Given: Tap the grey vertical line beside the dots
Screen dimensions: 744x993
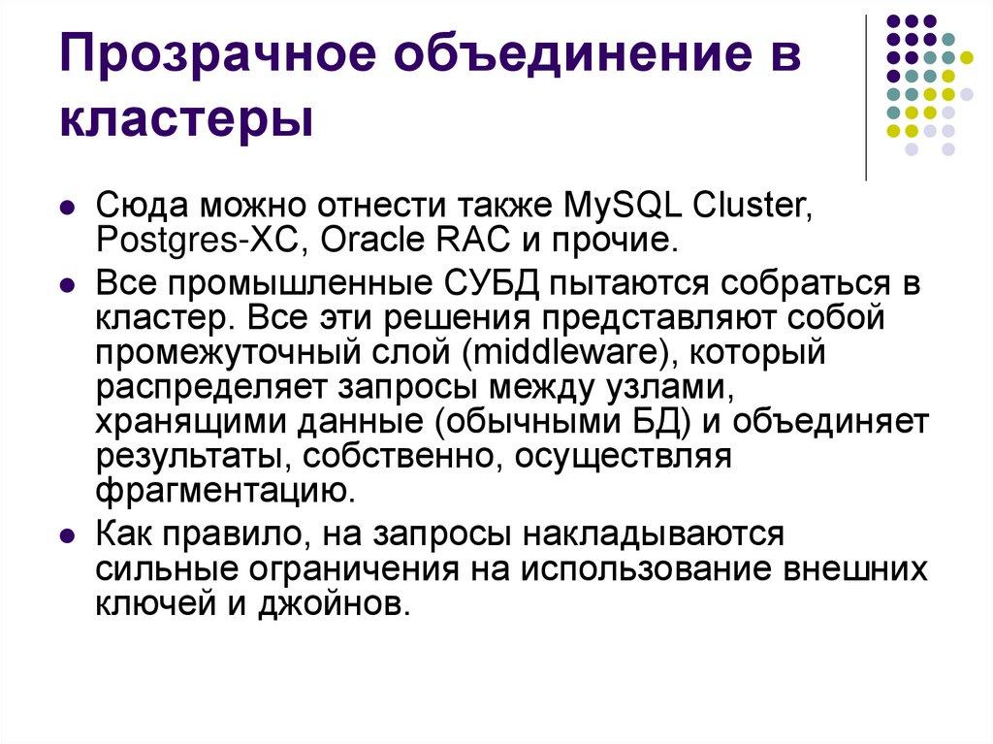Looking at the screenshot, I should click(x=865, y=97).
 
